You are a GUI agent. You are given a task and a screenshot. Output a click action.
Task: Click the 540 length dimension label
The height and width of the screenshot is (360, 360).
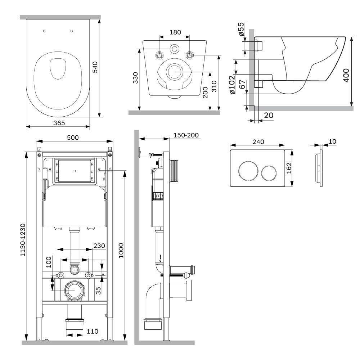pos(95,67)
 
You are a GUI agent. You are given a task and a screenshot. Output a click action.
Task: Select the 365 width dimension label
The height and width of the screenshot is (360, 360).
pos(59,123)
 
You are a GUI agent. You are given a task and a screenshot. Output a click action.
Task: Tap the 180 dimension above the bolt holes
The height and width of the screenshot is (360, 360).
pos(175,32)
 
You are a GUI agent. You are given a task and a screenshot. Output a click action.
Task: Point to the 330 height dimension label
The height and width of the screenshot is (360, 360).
pos(135,78)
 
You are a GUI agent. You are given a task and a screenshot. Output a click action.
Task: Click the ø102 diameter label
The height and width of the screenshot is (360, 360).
pos(232,85)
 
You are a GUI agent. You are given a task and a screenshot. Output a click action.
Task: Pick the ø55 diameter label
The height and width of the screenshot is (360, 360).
pos(241,29)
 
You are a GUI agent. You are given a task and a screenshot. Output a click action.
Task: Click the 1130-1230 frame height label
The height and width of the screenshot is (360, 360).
pos(23,240)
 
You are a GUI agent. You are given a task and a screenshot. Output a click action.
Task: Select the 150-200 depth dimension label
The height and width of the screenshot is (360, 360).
pos(186,135)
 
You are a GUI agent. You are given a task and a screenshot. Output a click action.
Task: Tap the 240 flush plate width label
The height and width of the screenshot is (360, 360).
pos(258,142)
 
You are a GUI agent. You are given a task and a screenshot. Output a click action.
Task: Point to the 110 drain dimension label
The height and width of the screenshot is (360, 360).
pos(93,331)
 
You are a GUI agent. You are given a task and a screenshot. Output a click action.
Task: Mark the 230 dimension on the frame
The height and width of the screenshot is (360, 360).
pos(99,246)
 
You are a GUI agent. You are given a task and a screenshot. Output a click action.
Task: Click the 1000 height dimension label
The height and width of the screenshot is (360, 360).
pos(121,251)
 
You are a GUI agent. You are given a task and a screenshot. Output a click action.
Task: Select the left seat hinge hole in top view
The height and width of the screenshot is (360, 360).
pos(44,31)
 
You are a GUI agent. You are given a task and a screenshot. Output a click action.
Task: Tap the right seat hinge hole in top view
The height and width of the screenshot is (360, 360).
pos(71,31)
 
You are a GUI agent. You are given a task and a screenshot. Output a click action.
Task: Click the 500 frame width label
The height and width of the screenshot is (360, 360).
pos(73,138)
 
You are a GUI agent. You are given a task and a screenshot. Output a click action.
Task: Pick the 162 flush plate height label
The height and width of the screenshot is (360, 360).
pos(289,168)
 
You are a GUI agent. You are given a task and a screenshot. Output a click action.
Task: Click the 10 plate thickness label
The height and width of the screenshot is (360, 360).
pos(332,141)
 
